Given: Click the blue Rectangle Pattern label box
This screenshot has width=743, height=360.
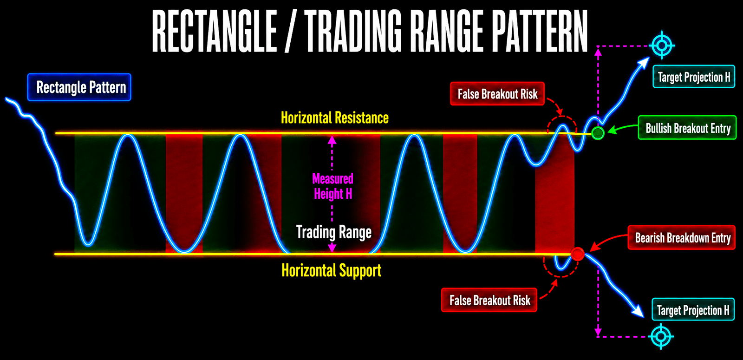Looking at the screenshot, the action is tap(79, 87).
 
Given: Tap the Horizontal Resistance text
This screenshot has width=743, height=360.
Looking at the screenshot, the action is tap(335, 118).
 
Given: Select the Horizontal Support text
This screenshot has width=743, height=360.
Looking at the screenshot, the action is tap(332, 270).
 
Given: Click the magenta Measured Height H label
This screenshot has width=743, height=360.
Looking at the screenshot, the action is tap(332, 186).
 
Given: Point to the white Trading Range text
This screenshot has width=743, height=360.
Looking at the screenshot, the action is tap(334, 232).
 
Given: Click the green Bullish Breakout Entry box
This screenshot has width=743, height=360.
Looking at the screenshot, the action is tap(687, 128).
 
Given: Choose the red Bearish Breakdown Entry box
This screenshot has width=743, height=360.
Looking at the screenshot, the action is tap(682, 237).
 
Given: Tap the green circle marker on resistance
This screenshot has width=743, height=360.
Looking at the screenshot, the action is tap(598, 133).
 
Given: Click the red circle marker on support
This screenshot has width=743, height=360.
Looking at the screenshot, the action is tap(578, 254).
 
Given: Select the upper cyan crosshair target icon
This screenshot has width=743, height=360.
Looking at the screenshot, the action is tap(662, 45).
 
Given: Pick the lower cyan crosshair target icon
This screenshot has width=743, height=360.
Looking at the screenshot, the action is tap(661, 336).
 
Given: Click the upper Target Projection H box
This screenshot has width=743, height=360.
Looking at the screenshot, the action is tap(694, 77).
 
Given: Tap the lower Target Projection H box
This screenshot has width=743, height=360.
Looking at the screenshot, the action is tap(693, 309).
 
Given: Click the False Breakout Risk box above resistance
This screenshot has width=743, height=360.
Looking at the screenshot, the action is tap(497, 94).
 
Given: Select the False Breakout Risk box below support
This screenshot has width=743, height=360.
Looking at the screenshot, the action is tap(489, 300).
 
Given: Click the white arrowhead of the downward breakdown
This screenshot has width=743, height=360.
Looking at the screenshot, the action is tap(639, 312).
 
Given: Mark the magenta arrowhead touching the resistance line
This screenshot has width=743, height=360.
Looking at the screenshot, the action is tap(332, 140).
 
